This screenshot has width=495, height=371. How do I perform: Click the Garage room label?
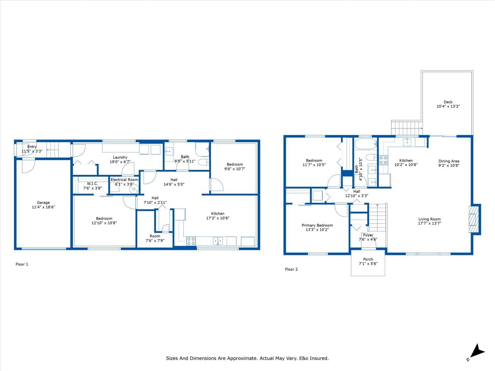43,202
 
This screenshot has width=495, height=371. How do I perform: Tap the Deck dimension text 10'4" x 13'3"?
448,106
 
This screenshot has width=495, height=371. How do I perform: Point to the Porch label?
368,259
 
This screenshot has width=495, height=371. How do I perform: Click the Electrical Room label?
124,179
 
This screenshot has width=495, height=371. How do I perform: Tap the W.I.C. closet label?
92,184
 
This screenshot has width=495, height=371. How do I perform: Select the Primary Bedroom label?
317,225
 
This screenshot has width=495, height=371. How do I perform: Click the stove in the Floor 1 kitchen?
191,241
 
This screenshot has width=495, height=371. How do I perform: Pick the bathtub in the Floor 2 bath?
365,144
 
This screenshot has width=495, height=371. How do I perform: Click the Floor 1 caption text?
22,264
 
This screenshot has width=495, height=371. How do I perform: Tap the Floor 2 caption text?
291,269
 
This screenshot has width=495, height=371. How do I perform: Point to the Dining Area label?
449,161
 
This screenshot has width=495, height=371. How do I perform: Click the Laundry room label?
120,157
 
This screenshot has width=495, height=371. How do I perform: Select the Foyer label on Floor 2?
368,235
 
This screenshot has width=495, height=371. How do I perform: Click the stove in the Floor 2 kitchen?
383,160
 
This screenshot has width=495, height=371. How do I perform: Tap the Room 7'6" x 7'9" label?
155,238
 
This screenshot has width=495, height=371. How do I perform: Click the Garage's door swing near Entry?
28,166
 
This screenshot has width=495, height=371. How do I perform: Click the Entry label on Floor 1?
32,147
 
